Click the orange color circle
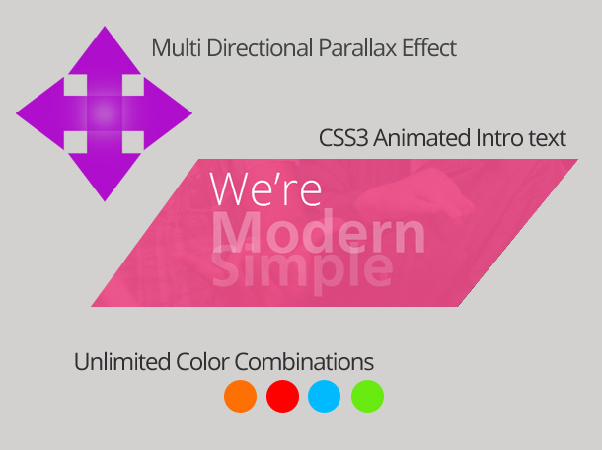(241, 396)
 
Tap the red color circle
(282, 396)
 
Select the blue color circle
(324, 396)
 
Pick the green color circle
(367, 396)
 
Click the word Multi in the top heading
(177, 48)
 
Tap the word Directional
(260, 48)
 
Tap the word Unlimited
(122, 362)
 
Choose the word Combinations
(304, 362)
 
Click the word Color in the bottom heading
(202, 362)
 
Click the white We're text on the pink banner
(265, 188)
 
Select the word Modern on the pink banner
(319, 231)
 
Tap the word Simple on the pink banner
(302, 268)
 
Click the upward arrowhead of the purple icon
(105, 52)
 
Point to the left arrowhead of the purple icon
(40, 113)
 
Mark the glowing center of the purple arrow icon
(105, 113)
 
